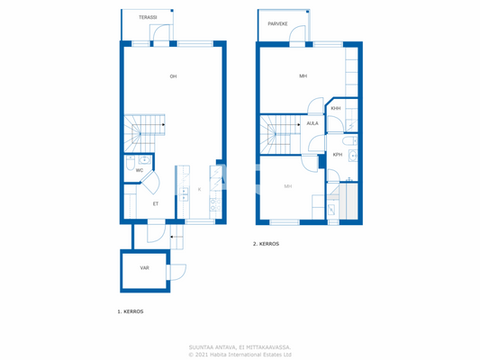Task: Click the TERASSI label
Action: point(148,18)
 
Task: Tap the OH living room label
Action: point(173,76)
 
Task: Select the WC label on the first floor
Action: point(140,169)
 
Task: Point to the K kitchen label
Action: point(199,189)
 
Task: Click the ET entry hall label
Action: point(156,203)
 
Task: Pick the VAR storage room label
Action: point(144,268)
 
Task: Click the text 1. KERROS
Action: point(131,311)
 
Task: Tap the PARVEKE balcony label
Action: point(277,24)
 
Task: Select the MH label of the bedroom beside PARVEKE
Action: point(303,76)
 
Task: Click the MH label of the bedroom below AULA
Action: point(288,186)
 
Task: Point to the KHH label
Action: point(335,109)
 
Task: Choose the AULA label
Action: point(312,123)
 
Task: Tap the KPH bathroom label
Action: point(338,155)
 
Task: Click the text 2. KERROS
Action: point(267,244)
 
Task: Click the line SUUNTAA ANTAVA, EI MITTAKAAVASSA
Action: point(240,346)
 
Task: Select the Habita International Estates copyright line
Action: point(240,354)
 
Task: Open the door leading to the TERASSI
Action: point(160,36)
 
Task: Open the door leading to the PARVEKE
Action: point(297,36)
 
